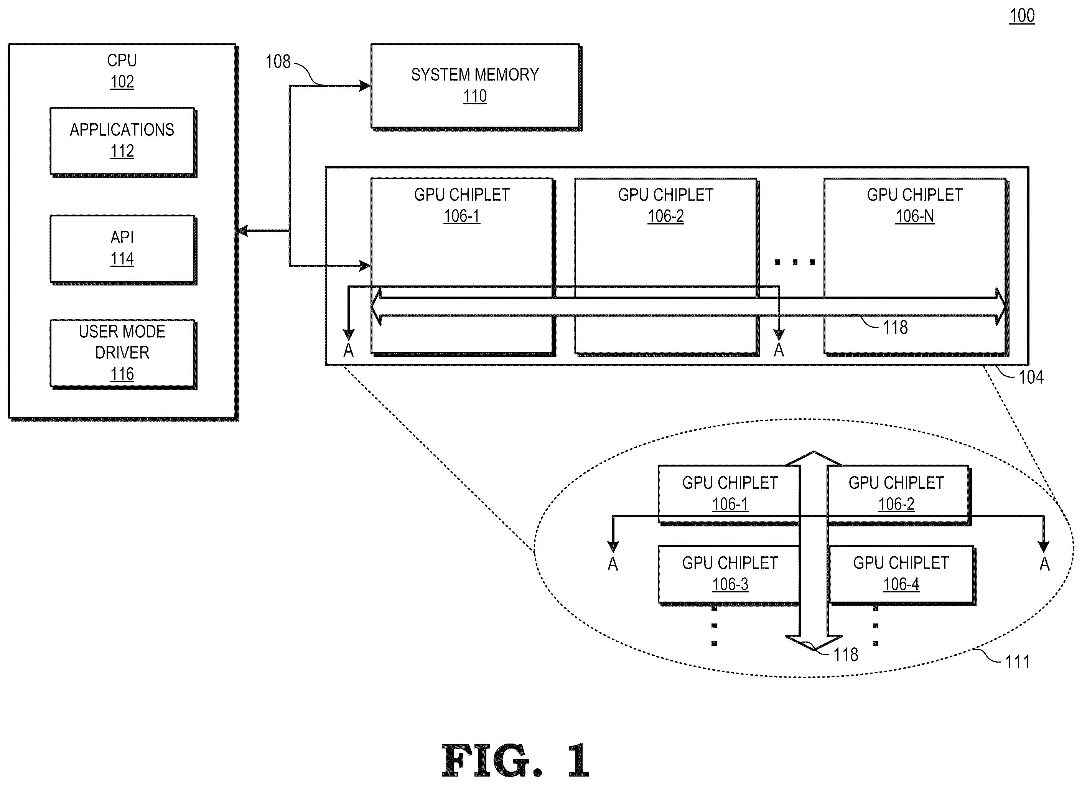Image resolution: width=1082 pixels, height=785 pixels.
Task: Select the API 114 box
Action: tap(123, 249)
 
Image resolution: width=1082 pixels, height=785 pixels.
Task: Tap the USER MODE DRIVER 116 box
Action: tap(123, 354)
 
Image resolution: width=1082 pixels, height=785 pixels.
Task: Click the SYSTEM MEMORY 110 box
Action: tap(476, 87)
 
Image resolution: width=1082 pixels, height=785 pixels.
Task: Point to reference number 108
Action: tap(278, 61)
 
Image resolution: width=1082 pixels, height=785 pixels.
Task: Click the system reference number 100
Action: tap(1021, 16)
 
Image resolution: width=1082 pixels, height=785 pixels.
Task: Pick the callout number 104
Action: tap(1031, 377)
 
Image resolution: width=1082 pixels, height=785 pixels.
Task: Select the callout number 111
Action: tap(1017, 662)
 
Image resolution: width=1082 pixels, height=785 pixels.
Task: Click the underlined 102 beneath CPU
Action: tap(122, 82)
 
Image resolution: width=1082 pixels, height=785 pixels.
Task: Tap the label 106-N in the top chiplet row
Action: tap(914, 216)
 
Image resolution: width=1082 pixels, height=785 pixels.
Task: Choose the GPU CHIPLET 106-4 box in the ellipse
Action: tap(902, 575)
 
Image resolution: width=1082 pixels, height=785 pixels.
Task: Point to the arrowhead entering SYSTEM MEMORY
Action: tap(365, 86)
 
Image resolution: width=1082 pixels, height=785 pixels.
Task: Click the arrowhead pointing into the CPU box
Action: tap(243, 231)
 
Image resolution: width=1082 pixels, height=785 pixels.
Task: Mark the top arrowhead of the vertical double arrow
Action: tap(814, 458)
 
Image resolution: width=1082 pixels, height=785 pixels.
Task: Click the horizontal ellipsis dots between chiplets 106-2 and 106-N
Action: tap(795, 262)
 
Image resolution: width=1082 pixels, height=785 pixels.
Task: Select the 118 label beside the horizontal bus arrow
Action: tap(895, 327)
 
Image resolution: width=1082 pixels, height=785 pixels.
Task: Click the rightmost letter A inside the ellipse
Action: tap(1044, 564)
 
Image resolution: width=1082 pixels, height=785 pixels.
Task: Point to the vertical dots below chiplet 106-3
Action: tap(714, 626)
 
